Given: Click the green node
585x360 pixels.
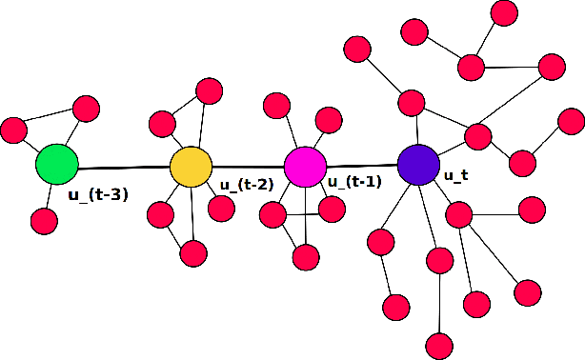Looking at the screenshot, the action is [x=57, y=164].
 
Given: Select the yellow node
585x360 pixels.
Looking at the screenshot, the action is [x=191, y=166].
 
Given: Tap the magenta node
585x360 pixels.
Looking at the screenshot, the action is [x=305, y=166].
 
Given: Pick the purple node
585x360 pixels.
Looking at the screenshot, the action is [x=417, y=165].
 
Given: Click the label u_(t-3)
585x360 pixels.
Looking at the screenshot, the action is [x=98, y=195].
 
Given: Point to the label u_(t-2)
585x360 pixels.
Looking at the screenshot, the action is [x=247, y=185].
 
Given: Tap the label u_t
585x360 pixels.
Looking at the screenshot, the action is [x=455, y=175].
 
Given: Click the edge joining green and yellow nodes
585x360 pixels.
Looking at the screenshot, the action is [x=124, y=167].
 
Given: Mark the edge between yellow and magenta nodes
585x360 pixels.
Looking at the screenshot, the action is [x=248, y=166].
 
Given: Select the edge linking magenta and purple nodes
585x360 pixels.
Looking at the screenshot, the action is [x=361, y=165].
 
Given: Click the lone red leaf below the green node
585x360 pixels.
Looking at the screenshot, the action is [x=44, y=221].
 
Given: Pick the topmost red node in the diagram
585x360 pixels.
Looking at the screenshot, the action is [x=504, y=12].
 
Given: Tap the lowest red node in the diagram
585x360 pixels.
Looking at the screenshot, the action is [x=438, y=346].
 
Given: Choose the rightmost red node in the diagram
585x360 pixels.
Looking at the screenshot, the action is [x=571, y=121].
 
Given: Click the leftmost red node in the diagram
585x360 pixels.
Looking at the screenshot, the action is [x=14, y=129].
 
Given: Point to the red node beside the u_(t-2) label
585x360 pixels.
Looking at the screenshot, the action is [x=221, y=209].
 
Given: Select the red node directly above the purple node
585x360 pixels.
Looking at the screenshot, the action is [x=412, y=102].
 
